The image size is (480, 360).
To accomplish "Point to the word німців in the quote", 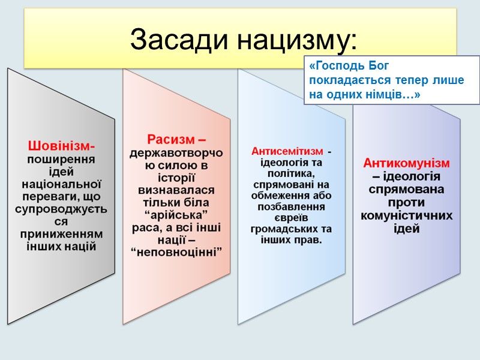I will (387, 95).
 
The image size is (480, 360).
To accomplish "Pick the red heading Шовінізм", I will (61, 146).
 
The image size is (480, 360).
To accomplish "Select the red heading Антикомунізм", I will (406, 163).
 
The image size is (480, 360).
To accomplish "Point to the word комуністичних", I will (406, 215).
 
